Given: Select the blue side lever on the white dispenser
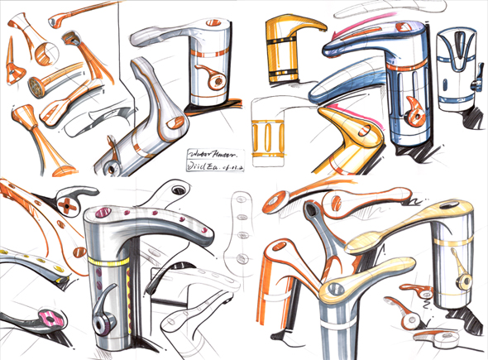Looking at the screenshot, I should point(477,83).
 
